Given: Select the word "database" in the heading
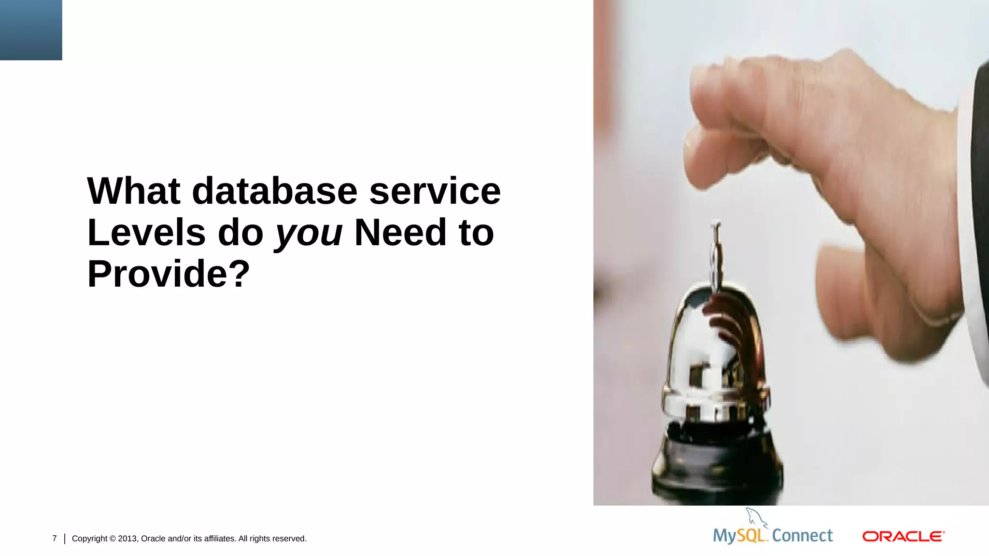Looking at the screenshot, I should [275, 191].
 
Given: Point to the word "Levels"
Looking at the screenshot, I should [146, 233].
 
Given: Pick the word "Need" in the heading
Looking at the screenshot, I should [400, 233].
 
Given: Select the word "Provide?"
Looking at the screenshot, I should [169, 274].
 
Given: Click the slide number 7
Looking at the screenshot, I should [55, 539].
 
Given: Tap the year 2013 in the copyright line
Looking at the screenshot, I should [127, 539].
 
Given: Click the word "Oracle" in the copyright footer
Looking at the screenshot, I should [153, 539].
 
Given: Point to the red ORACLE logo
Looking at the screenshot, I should [903, 537].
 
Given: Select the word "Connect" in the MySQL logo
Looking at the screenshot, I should [802, 536].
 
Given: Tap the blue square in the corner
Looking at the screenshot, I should [31, 30].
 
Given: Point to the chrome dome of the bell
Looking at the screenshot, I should [715, 352].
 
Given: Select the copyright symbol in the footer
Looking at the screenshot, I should [113, 539].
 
